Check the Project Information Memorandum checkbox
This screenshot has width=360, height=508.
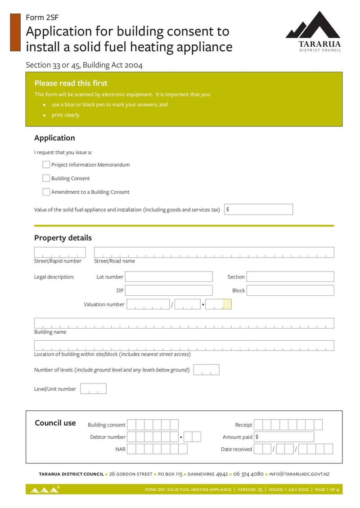46,165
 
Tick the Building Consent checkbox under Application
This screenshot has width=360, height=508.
46,178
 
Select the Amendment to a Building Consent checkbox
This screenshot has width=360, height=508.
46,192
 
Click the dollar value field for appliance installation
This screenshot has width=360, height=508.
258,209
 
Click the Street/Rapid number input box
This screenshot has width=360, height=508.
60,252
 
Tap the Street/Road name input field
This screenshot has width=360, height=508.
214,252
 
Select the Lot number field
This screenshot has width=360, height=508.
169,276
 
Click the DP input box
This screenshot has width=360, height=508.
169,290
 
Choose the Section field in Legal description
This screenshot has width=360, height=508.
290,276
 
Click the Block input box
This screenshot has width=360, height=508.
290,290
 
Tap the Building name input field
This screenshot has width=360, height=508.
184,323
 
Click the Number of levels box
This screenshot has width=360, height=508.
206,370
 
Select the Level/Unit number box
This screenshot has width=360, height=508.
93,389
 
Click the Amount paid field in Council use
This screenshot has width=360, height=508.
284,437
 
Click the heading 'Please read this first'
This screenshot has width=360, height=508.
71,83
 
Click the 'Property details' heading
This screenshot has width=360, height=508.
63,238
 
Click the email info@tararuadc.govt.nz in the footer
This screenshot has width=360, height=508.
299,474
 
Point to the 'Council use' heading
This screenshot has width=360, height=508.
55,423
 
